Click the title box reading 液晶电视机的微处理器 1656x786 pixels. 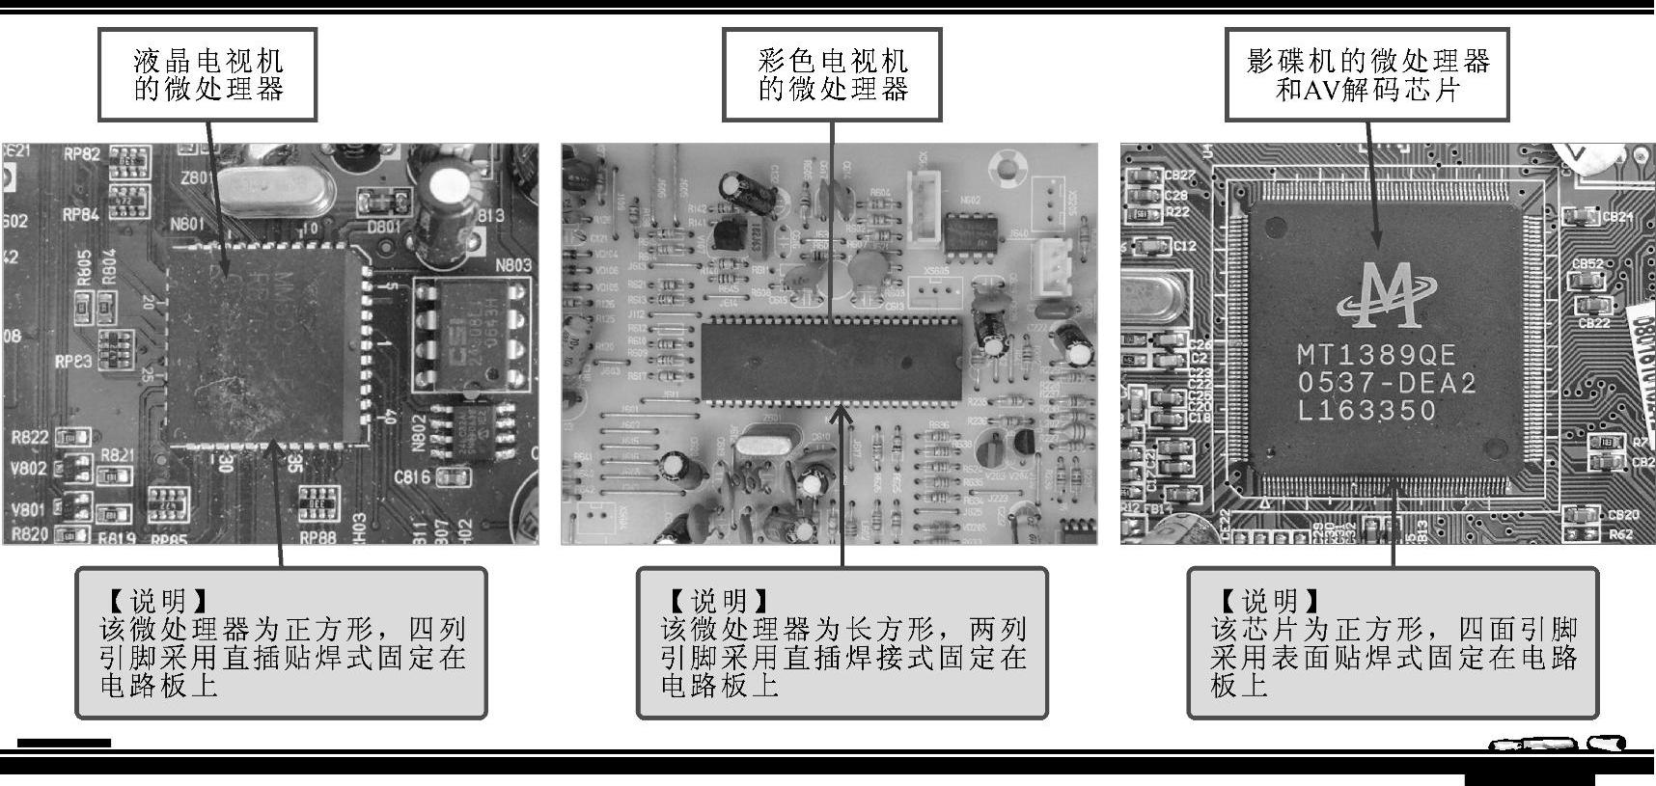[x=207, y=75]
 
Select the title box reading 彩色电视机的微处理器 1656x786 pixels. [x=832, y=75]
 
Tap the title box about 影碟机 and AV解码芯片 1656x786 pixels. [x=1367, y=75]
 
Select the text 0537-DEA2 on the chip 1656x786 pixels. [x=1387, y=383]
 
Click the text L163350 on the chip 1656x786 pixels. [x=1366, y=411]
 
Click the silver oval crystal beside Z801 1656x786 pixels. [x=275, y=190]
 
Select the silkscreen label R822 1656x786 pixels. [x=30, y=438]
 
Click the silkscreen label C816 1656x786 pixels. [x=412, y=476]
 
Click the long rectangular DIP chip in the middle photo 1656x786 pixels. [x=831, y=362]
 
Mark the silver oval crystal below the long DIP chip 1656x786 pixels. [x=762, y=447]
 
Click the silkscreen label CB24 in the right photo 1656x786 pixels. [x=1617, y=218]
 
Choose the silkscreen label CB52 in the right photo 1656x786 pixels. [x=1587, y=263]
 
